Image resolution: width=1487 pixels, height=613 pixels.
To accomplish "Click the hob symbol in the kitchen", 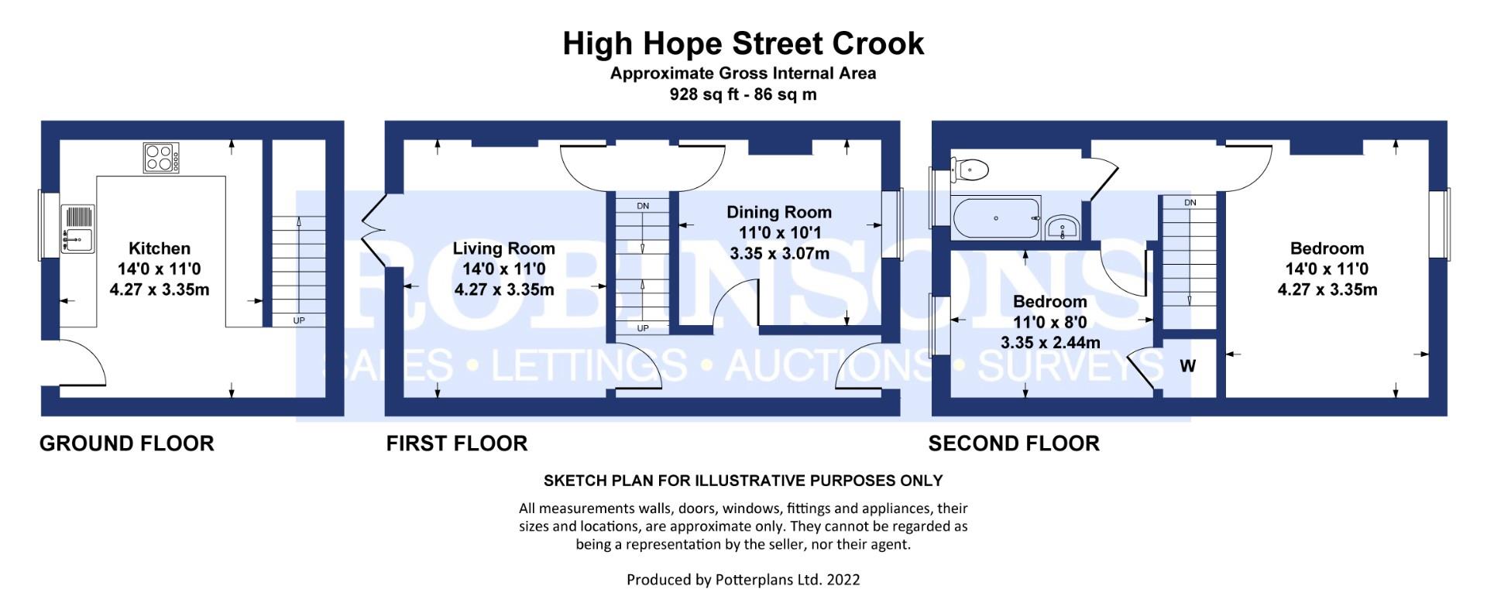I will point(161,158).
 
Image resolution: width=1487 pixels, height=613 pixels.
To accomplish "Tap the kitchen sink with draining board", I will point(77,229).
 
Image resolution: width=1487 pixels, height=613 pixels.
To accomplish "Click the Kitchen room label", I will point(160,248).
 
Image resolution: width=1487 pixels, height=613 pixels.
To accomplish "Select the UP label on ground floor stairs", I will point(299,320).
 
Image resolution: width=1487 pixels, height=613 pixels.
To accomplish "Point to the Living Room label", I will point(503,248).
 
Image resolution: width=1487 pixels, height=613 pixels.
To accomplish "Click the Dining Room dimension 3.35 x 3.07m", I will point(779,254).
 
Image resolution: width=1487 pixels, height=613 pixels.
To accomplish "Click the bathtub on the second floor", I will point(996,219).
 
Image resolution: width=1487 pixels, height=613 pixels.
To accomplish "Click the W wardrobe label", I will point(1187,366).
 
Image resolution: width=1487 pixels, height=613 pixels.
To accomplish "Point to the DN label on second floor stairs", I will point(1190,203).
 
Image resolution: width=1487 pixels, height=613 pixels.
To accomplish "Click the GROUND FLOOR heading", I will point(127,443).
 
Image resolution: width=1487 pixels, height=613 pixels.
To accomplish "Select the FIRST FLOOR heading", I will point(457,443).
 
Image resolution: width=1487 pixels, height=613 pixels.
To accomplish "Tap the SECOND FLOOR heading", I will point(1014,443).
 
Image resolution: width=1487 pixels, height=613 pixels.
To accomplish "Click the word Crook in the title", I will point(877,43).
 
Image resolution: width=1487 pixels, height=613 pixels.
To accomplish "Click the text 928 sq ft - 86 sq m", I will point(743,94).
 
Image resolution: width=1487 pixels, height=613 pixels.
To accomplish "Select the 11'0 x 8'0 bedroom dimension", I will point(1049,322).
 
